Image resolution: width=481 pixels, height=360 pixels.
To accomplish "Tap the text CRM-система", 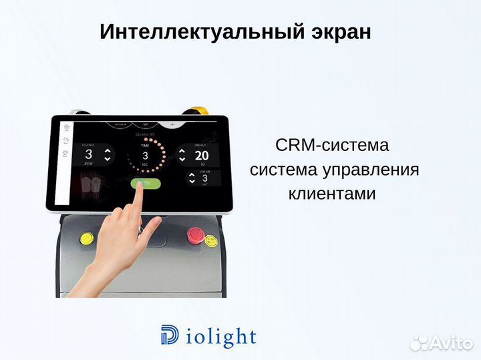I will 331,146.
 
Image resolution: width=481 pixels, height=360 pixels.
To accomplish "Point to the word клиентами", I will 332,194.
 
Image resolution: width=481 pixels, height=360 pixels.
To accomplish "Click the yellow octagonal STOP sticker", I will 212,239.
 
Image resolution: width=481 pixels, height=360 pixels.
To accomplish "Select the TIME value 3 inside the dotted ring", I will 144,156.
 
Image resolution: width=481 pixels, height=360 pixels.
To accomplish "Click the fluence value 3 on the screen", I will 88,154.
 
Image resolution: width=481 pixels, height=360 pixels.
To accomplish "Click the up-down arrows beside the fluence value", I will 107,155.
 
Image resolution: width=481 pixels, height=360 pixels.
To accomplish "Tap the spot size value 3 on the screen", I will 205,178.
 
